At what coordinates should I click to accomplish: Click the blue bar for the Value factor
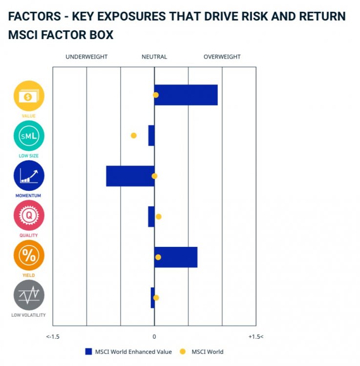(186, 95)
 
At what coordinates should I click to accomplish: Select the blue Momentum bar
(130, 176)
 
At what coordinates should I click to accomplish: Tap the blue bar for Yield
(176, 257)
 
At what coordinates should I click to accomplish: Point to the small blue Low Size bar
(151, 136)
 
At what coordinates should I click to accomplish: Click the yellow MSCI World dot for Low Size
(134, 136)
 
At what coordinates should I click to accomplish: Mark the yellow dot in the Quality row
(159, 217)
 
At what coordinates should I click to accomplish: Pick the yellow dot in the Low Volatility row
(156, 298)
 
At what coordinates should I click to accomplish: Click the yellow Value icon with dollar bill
(29, 96)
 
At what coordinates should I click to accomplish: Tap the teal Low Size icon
(29, 136)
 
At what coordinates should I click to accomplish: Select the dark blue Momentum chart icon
(29, 176)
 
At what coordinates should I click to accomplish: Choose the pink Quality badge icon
(29, 215)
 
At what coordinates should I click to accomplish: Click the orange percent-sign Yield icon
(29, 255)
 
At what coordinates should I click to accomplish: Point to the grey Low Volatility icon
(29, 295)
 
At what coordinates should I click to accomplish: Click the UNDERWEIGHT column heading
(86, 57)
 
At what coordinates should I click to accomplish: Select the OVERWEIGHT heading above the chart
(222, 57)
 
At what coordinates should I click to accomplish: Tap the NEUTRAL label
(154, 57)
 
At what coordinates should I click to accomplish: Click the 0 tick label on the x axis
(154, 337)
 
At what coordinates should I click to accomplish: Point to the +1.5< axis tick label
(256, 337)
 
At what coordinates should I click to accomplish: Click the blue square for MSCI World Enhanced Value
(88, 351)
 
